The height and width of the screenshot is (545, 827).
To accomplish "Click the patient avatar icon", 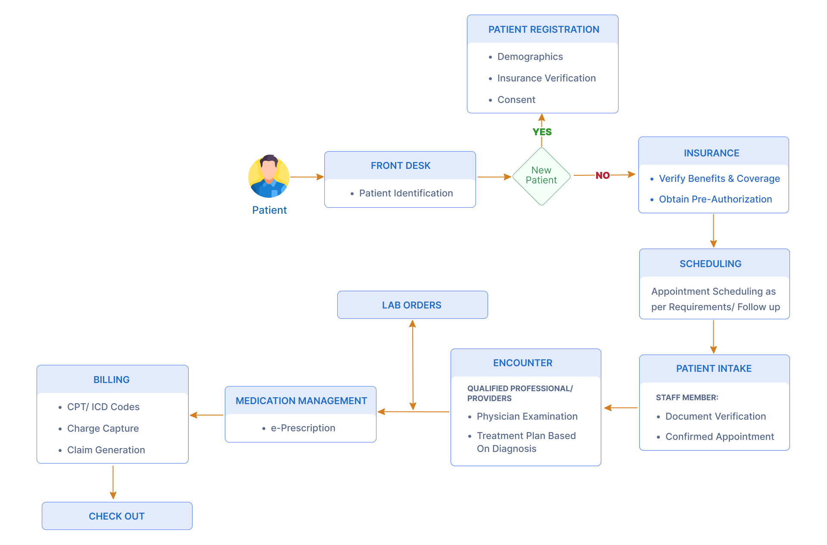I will coord(269,176).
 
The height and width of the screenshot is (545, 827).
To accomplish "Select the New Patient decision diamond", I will coord(541,176).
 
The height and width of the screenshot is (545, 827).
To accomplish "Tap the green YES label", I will coord(542,132).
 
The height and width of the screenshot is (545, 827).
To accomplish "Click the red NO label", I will coord(603,175).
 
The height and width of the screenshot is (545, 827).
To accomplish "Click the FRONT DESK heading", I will coord(400,165).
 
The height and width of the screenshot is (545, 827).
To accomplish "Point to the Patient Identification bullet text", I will coord(406,193).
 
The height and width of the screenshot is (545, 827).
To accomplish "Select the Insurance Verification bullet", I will coord(546,78).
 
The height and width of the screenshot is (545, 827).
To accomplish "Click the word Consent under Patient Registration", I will coord(516,100).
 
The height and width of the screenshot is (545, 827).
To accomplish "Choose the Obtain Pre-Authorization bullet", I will coord(715,199).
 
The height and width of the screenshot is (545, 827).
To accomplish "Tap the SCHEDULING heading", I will coord(710,264).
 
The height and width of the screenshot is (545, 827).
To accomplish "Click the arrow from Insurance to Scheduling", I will coord(713,230).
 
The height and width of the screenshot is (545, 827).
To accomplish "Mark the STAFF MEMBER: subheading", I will coord(687,397).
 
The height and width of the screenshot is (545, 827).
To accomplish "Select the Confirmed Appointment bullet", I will coord(719,436).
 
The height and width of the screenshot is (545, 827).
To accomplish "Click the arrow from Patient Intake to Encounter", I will coord(620,408).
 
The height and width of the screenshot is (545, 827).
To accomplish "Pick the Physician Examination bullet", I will coord(527,416).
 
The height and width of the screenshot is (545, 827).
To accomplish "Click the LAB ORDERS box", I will coord(412,305).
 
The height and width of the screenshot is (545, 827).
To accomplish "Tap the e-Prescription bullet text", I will coord(303,428).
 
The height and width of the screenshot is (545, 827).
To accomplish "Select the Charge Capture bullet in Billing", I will coord(103,428).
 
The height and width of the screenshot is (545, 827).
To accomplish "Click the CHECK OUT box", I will coord(117,516).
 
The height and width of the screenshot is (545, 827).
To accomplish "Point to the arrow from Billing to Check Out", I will coord(113,482).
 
